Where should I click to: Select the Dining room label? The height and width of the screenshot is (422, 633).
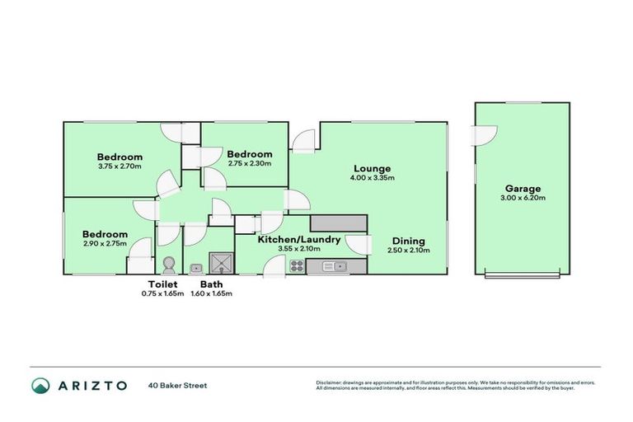pos(408,241)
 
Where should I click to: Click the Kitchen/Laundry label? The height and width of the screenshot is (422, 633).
pos(298,240)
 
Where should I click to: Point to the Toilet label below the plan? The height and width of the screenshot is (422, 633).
pos(163,284)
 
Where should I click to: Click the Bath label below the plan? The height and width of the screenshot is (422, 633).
pos(211,284)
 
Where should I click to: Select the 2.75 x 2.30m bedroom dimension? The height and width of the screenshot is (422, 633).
pos(249,162)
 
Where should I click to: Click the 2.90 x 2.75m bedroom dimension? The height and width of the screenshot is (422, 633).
pos(105,243)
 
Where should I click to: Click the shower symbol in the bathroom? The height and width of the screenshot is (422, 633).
pos(221,263)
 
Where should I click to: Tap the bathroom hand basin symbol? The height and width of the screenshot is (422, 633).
pos(196,268)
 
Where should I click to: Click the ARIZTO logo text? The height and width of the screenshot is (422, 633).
pos(91,385)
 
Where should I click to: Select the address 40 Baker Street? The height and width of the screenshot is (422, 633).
pos(178,385)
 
